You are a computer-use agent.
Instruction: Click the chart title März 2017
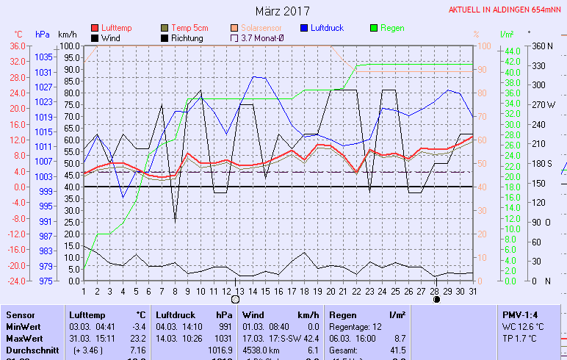point(283,11)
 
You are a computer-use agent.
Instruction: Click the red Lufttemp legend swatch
point(95,28)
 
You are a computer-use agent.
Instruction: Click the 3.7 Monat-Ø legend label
point(264,37)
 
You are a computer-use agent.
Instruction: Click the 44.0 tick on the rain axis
point(510,50)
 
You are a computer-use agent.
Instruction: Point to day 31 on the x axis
point(472,290)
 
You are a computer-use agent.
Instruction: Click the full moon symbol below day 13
point(236,299)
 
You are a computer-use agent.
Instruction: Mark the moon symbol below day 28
point(436,299)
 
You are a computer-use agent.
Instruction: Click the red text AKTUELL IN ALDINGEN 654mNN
point(507,10)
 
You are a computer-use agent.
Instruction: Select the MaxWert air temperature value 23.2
point(139,339)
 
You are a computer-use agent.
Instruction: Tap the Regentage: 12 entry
point(355,326)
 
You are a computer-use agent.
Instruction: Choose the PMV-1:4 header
point(519,314)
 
